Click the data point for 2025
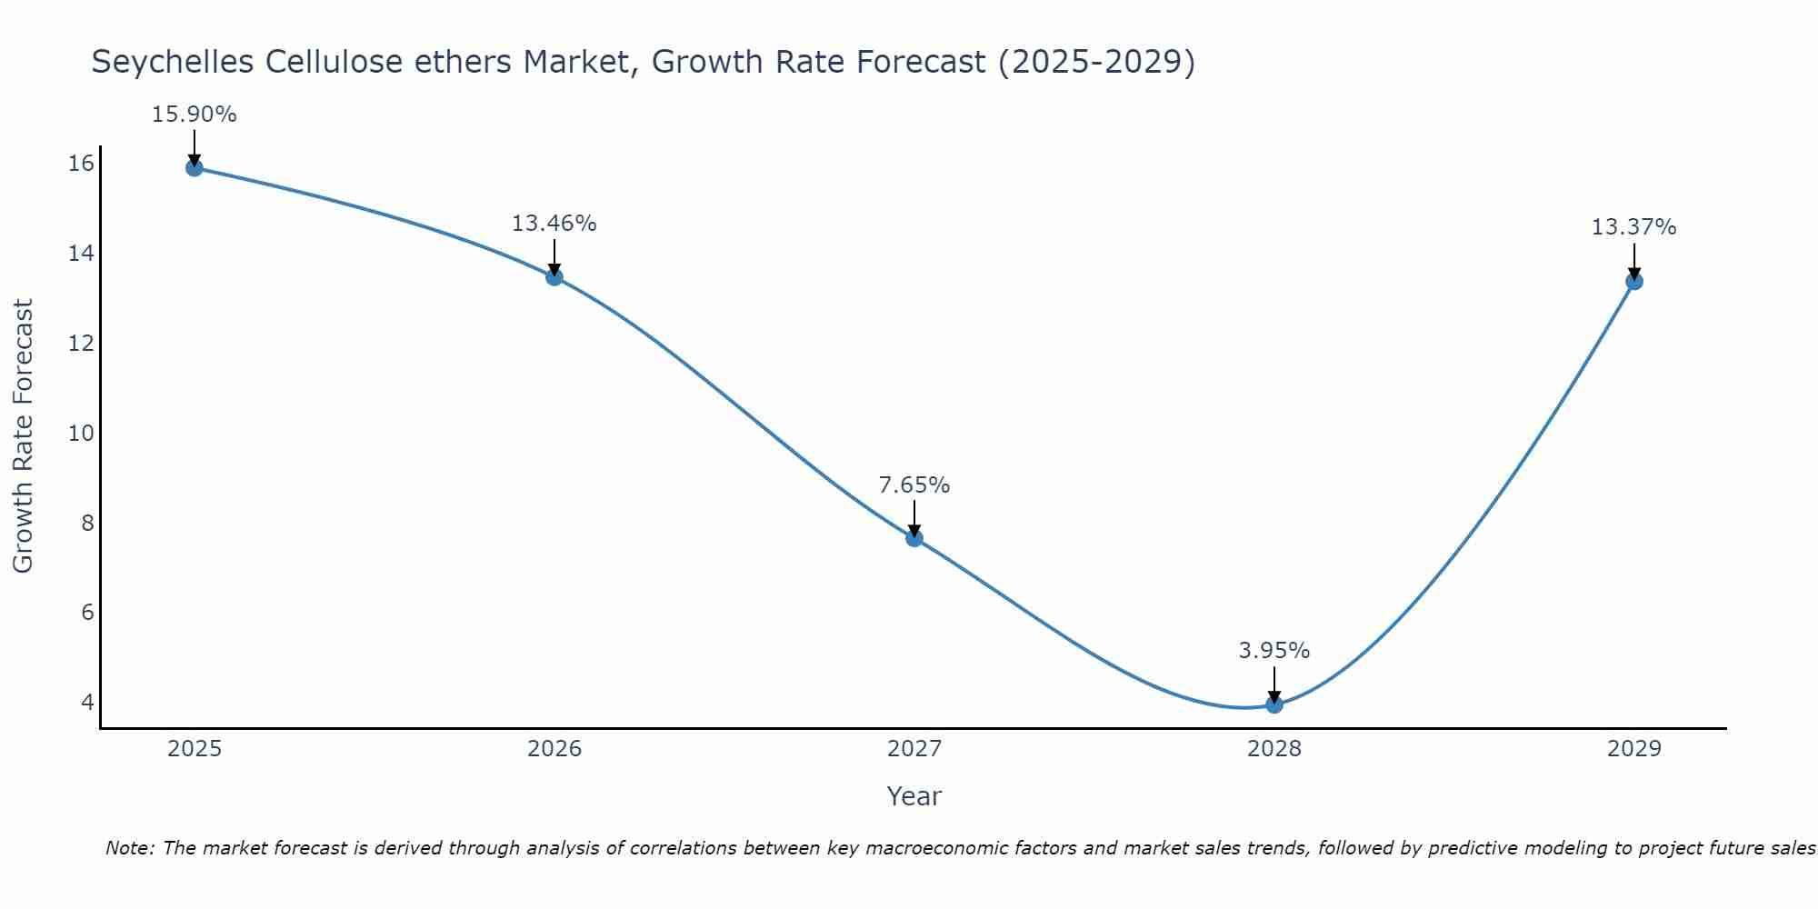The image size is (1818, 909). click(x=194, y=167)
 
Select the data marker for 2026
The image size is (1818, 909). click(x=554, y=276)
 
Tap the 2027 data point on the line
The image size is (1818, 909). click(x=914, y=538)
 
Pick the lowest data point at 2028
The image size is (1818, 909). click(x=1274, y=704)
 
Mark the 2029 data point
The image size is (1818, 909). click(x=1634, y=281)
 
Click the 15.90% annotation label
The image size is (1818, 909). click(x=194, y=115)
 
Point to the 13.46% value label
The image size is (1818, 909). click(x=554, y=224)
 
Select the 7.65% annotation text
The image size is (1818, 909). click(x=914, y=485)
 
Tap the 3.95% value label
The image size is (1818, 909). click(x=1274, y=651)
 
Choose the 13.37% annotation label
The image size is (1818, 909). click(x=1633, y=227)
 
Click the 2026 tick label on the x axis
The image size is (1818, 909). click(x=554, y=749)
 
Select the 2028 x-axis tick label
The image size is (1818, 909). click(x=1274, y=749)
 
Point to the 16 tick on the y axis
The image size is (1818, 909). click(x=81, y=164)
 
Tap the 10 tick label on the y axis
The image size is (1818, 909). click(x=81, y=433)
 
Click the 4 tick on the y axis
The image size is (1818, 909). click(x=87, y=702)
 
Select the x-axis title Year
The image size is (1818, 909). click(x=914, y=796)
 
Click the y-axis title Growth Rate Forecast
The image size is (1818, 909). click(x=23, y=436)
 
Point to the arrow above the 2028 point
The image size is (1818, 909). click(x=1274, y=684)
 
